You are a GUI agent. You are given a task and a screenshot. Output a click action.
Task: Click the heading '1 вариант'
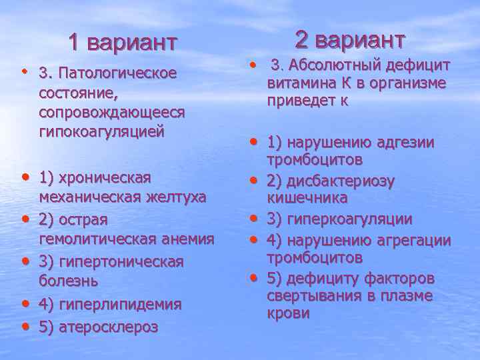click(123, 43)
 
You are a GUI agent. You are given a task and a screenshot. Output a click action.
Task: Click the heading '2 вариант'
click(349, 39)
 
